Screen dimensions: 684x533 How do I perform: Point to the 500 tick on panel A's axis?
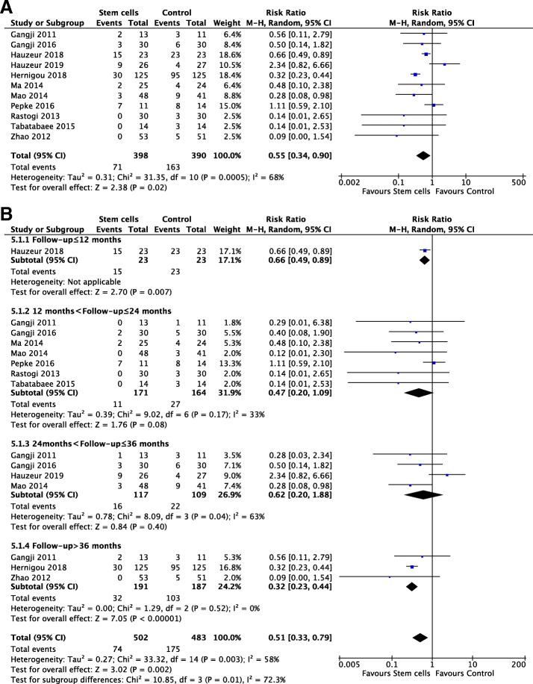point(518,181)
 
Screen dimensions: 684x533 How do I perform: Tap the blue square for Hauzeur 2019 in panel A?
point(445,65)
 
